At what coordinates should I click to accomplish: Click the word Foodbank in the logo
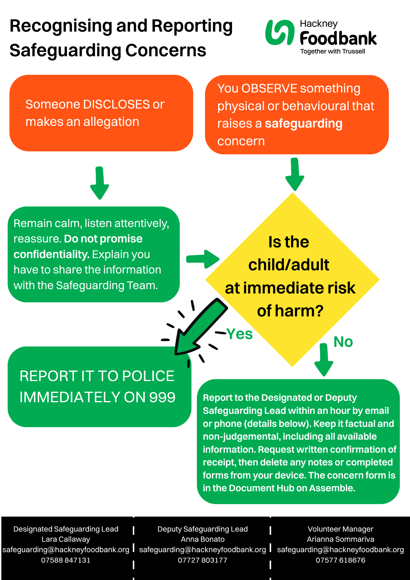coord(338,39)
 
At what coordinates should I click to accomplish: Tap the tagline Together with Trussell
coord(333,52)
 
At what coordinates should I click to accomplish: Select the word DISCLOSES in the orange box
coord(116,104)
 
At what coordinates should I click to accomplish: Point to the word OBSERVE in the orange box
coord(269,88)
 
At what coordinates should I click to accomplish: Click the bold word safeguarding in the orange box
coord(304,124)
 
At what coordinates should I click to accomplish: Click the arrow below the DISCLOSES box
coord(99,183)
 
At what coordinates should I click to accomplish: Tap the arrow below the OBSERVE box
coord(295,174)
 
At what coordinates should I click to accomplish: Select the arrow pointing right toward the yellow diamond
coord(202,259)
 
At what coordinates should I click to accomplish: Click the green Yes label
coord(239,334)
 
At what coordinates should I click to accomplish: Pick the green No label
coord(343,342)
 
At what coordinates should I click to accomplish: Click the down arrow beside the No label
coord(324,360)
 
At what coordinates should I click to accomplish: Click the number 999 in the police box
coord(162,397)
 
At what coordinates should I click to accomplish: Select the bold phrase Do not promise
coord(103,239)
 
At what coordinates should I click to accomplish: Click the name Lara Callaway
coord(66,539)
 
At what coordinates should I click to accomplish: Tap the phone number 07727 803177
coord(202,560)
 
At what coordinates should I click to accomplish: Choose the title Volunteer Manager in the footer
coord(340,529)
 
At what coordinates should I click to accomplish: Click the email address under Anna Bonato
coord(202,550)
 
